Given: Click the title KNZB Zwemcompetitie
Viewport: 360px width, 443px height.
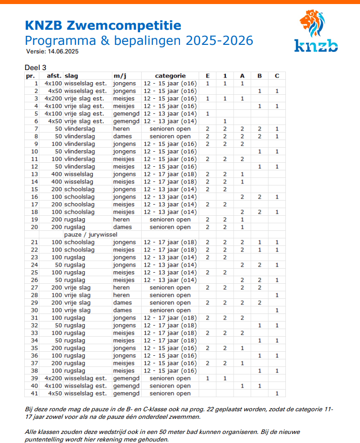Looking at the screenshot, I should (x=103, y=25).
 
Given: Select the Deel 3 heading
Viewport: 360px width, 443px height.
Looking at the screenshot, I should (x=35, y=68).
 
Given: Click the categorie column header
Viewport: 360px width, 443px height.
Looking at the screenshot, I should (x=170, y=76).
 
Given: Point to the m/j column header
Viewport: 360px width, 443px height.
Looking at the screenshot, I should (x=119, y=76).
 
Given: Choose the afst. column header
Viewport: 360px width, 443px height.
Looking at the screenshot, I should (x=53, y=76).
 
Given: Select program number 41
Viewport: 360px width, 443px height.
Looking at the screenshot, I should (x=35, y=393).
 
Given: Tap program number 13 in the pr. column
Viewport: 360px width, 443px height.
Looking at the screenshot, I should (x=35, y=174).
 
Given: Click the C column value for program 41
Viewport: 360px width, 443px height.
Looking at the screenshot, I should (x=277, y=393).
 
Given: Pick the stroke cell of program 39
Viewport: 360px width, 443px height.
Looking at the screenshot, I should (x=86, y=378).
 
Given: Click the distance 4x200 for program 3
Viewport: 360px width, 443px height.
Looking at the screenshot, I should (x=53, y=98).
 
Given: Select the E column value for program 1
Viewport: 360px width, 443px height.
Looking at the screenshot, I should (x=207, y=83).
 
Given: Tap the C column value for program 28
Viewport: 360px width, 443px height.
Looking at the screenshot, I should (x=277, y=295).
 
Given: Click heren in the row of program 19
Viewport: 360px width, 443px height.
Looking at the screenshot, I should (x=122, y=219).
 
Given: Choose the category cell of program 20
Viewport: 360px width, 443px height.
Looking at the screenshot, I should (x=170, y=227).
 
